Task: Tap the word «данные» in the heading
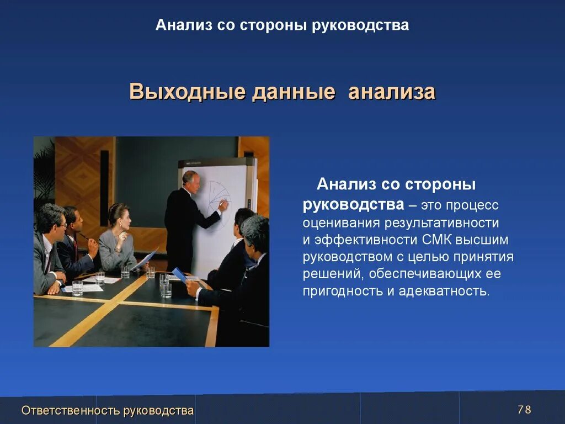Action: coord(294,92)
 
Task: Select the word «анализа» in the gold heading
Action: coord(392,92)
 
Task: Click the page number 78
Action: coord(524,410)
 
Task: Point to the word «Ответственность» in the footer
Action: coord(71,410)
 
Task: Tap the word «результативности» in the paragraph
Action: coord(435,223)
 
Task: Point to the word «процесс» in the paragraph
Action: coord(472,205)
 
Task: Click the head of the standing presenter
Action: coord(190,180)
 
